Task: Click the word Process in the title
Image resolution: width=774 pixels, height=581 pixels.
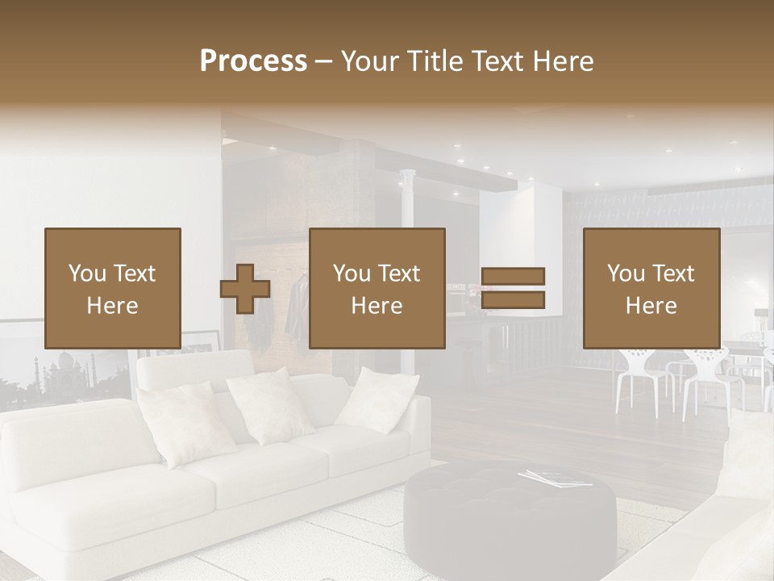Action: tap(253, 61)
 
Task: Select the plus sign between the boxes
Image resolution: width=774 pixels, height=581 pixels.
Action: tap(245, 289)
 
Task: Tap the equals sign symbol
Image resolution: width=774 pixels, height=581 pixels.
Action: tap(513, 288)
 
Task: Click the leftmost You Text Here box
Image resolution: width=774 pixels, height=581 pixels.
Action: tap(112, 288)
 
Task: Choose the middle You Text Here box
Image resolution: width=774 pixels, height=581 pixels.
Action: tap(377, 288)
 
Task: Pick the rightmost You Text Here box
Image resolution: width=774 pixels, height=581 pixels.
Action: tap(651, 288)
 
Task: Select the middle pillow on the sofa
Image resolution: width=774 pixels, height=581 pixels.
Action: tap(270, 406)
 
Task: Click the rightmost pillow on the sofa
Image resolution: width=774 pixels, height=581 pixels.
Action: tap(376, 397)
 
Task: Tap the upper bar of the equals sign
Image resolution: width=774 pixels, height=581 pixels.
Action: tap(513, 276)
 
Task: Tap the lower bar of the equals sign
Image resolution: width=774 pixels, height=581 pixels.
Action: tap(513, 300)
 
